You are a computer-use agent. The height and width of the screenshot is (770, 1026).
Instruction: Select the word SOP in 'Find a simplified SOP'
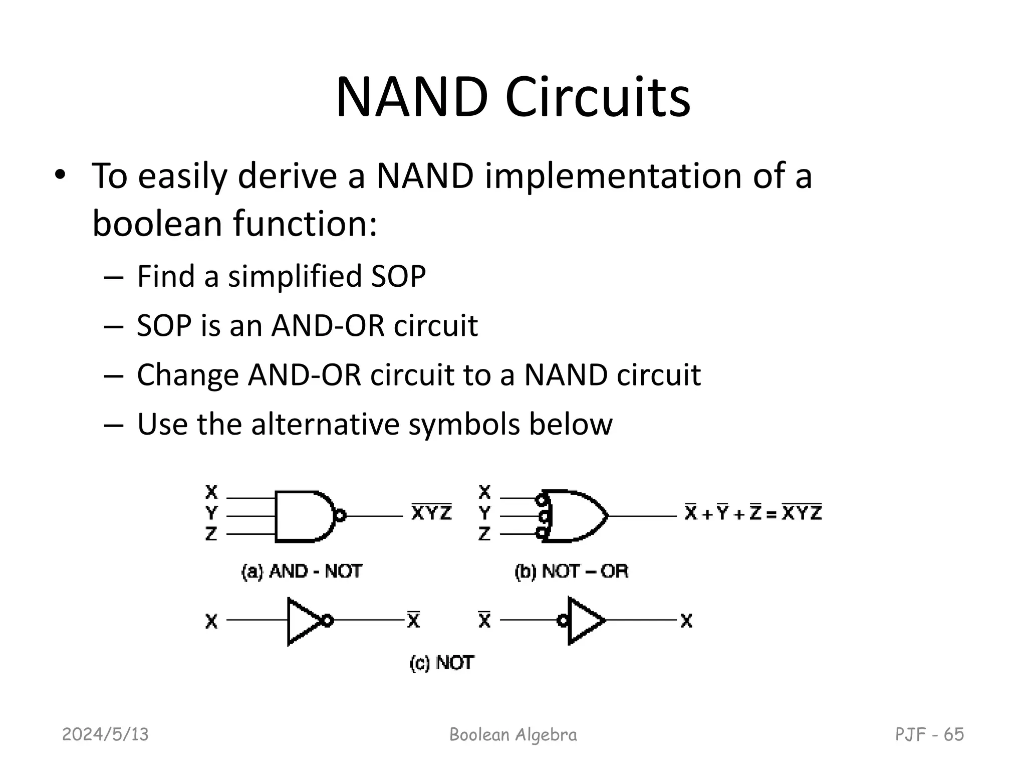(398, 276)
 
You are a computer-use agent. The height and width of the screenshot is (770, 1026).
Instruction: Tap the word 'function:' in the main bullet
(305, 224)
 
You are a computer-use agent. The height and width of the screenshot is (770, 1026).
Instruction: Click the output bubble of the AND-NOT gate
(340, 516)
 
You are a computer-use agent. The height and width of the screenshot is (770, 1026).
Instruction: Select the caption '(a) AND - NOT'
(302, 571)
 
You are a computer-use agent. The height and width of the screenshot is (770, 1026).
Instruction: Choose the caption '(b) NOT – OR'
(571, 571)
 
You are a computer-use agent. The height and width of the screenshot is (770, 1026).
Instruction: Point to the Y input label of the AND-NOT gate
(211, 513)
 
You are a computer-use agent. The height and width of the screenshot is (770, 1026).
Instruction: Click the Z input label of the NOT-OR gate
(484, 534)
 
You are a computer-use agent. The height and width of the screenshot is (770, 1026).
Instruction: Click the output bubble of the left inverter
(327, 621)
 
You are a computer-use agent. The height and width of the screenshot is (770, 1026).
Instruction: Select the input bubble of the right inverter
(563, 621)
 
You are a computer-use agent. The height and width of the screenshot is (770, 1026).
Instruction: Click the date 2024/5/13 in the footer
(105, 734)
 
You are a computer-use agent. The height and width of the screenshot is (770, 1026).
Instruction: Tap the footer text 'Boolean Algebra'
(513, 734)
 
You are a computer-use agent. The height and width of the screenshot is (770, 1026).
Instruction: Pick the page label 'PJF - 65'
(929, 734)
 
